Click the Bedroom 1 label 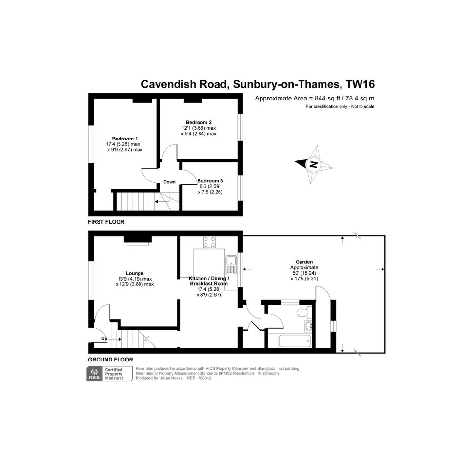coord(125,139)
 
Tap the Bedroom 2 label coord(199,122)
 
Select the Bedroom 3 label coord(210,181)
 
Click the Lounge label coord(134,273)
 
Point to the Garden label coord(304,262)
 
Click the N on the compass coord(314,165)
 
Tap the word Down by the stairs coord(169,182)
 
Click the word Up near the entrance coord(104,339)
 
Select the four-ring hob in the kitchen coord(209,242)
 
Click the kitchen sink coord(231,264)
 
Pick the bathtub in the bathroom coord(295,341)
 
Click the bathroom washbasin coord(308,326)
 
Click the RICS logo coord(94,374)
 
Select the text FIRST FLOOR coord(106,222)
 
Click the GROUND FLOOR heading coord(111,360)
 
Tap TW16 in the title coord(360,84)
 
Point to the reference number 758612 coord(204,378)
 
